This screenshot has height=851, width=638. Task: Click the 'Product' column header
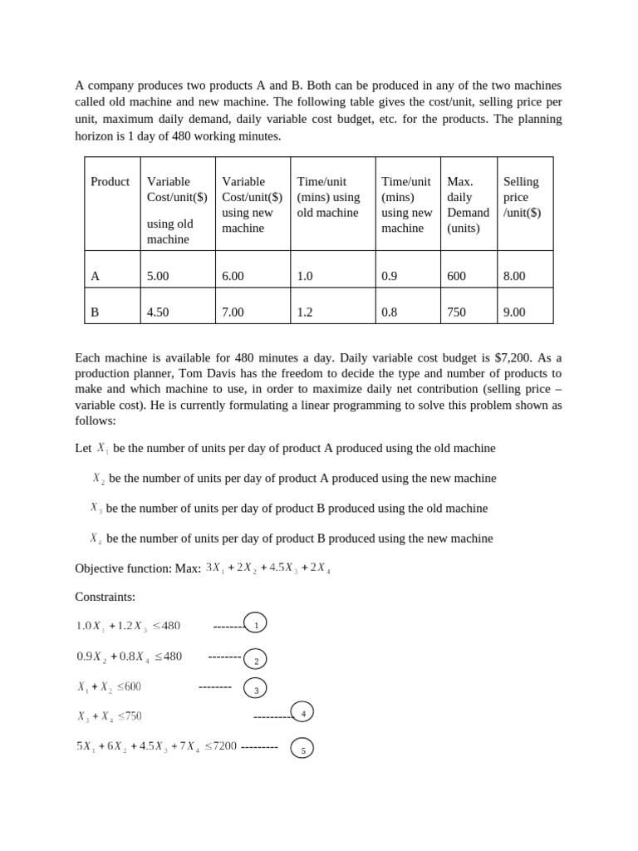tap(110, 181)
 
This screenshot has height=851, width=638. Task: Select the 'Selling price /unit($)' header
tap(522, 196)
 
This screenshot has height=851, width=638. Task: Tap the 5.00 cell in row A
tap(158, 276)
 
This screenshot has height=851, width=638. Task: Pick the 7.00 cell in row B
tap(233, 312)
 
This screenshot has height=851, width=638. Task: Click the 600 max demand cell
tap(456, 276)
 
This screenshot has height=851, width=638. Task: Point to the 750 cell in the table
tap(456, 312)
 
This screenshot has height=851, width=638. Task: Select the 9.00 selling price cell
tap(514, 312)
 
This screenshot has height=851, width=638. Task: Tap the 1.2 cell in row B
tap(305, 312)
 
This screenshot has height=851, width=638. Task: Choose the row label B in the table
tap(95, 312)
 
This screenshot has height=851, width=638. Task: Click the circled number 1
tap(256, 623)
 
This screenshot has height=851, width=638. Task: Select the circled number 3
tap(256, 689)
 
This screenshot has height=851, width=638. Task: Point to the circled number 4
tap(302, 712)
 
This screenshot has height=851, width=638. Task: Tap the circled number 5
tap(302, 750)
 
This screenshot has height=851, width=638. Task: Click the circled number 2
tap(256, 660)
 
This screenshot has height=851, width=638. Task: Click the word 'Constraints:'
tap(105, 597)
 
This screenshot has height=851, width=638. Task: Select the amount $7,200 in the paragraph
tap(513, 357)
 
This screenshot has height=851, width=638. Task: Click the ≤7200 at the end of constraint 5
tap(221, 746)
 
